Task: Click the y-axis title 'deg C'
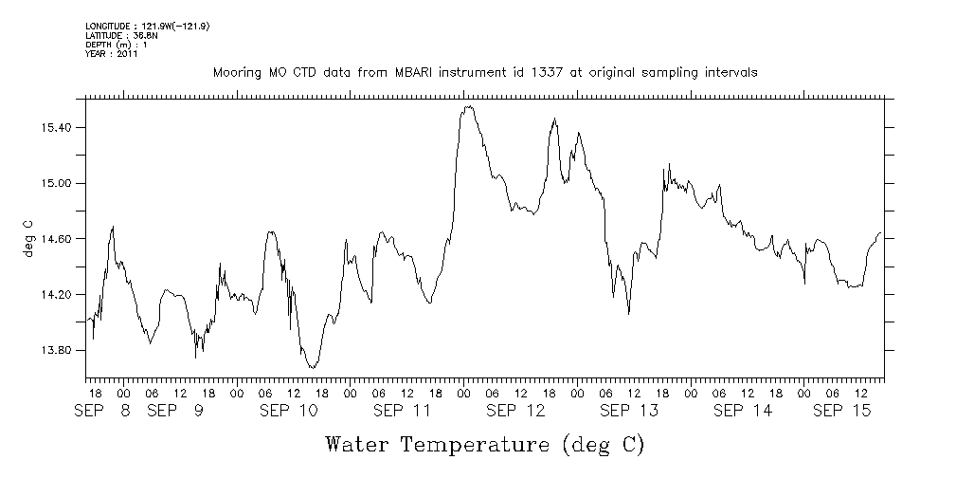27,239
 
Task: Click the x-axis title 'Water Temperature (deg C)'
484,444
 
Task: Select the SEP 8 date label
102,411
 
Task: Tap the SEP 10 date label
288,411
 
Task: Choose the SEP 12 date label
515,411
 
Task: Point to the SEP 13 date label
629,411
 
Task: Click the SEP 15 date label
843,411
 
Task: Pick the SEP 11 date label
402,411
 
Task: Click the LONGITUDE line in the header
147,27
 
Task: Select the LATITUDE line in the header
114,35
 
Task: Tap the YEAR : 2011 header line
112,53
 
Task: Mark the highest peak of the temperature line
468,106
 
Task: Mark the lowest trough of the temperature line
311,367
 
